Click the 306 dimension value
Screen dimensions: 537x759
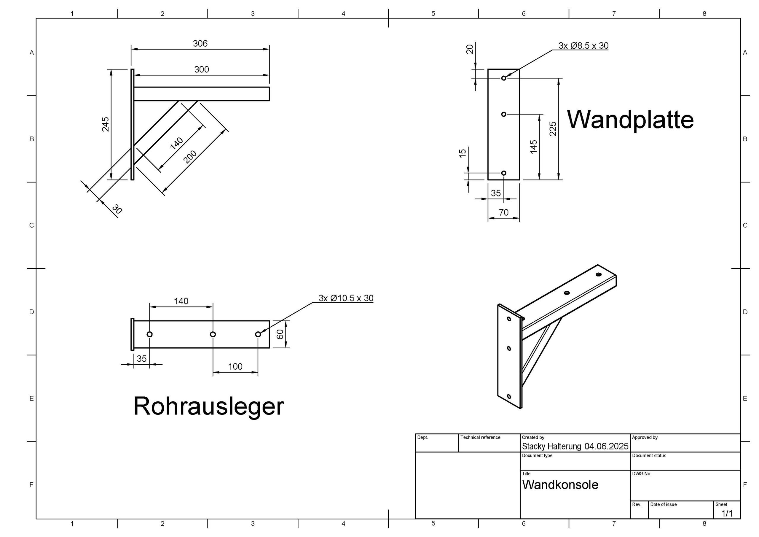[x=200, y=44]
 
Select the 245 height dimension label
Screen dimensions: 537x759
[x=106, y=124]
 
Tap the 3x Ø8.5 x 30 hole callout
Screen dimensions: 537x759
[x=583, y=46]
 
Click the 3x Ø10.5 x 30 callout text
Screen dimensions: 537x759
[x=346, y=298]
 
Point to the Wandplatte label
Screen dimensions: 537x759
[x=630, y=120]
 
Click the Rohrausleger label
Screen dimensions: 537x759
[x=209, y=406]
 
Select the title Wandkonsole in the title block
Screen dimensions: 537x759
[x=560, y=485]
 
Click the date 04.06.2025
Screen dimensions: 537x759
[x=606, y=446]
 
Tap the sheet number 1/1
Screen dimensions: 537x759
[x=727, y=513]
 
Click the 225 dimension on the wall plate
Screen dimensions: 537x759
[x=553, y=129]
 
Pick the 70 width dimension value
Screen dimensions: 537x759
[x=503, y=212]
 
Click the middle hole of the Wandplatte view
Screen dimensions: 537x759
[x=503, y=114]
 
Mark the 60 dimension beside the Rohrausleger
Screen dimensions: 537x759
[x=280, y=334]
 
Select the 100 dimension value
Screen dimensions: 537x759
[x=235, y=367]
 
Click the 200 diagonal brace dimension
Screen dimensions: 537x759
[x=190, y=157]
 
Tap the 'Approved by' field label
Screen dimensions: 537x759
[x=645, y=437]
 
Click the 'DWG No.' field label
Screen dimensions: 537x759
[x=642, y=474]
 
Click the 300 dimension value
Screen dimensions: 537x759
[x=201, y=69]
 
